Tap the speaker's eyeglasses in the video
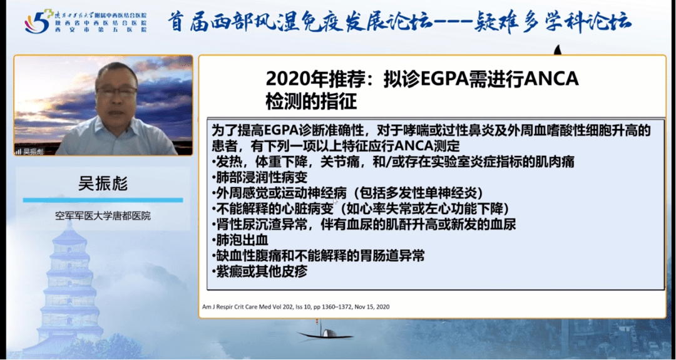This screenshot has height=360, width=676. click(116, 91)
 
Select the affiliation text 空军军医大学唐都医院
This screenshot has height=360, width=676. click(103, 216)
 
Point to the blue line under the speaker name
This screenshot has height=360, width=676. click(103, 200)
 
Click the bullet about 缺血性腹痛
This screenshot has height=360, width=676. click(319, 255)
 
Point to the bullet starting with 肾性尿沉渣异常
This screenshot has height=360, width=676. click(363, 224)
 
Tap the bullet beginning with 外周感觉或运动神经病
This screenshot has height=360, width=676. click(342, 193)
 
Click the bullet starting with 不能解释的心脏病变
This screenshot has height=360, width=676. click(360, 208)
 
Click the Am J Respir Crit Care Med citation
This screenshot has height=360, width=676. click(295, 307)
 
